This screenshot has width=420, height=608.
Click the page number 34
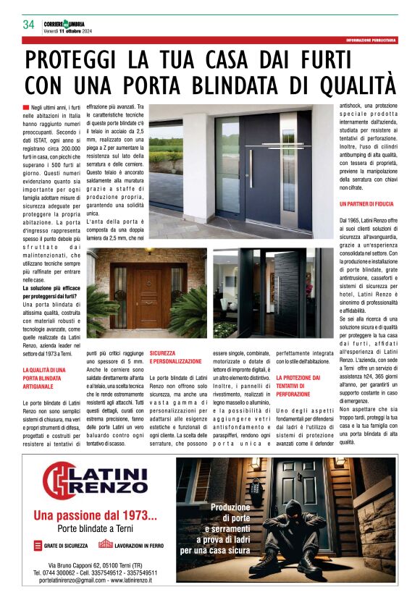[29, 25]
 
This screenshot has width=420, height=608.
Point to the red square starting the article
[26, 107]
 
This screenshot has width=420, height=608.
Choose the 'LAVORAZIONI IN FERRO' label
[136, 544]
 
